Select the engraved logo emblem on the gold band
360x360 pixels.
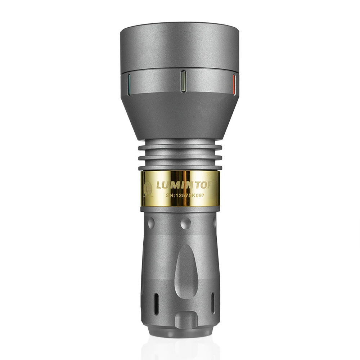[x=148, y=190]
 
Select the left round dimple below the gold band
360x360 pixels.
[x=151, y=222]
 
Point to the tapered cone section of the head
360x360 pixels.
[x=179, y=115]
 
